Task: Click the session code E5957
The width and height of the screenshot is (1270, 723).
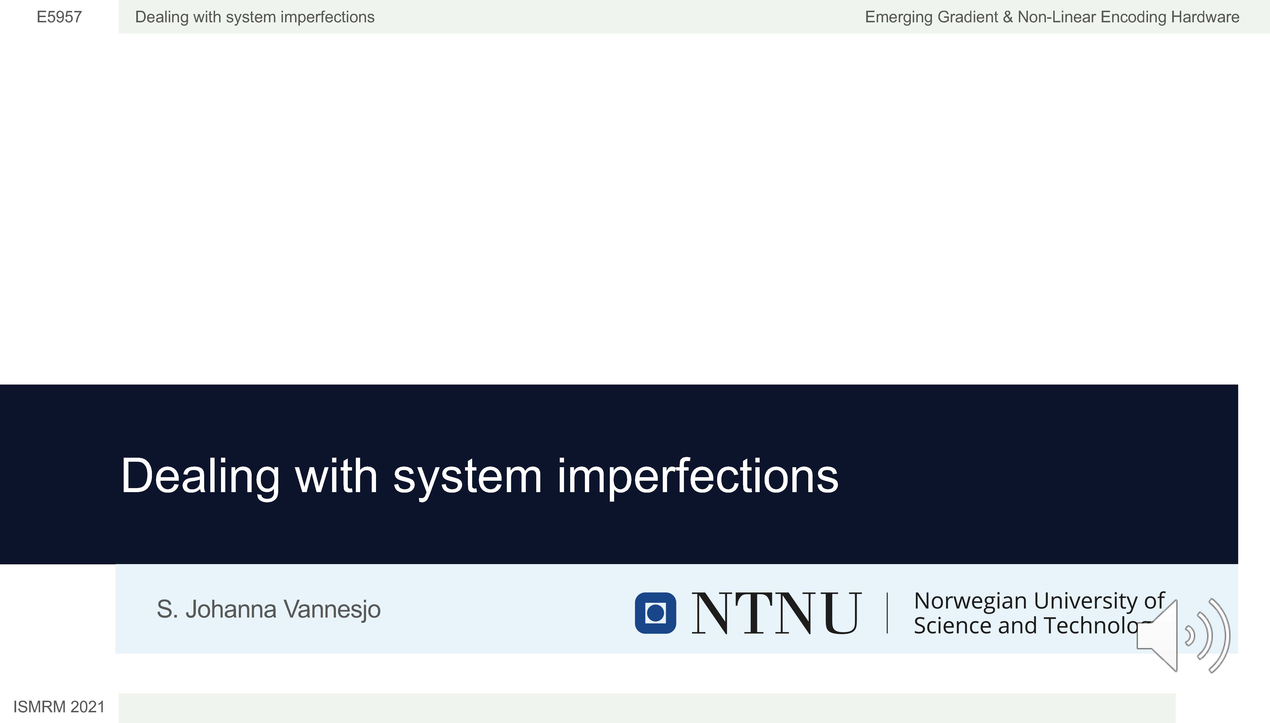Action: coord(59,17)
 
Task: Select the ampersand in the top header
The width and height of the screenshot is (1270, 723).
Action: coord(1007,17)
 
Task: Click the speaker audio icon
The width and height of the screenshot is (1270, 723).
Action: coord(1183,636)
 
